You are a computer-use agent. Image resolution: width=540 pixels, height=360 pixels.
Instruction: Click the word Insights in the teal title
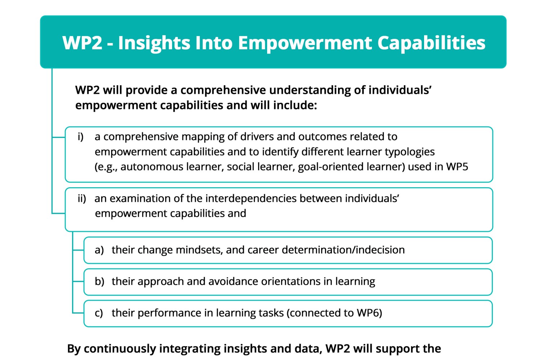(x=154, y=43)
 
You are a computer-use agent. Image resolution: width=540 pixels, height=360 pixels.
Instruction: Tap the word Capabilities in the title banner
(x=431, y=43)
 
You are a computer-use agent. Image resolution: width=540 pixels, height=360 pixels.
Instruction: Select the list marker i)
(x=81, y=137)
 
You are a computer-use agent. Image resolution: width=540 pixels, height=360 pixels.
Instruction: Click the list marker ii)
(x=82, y=199)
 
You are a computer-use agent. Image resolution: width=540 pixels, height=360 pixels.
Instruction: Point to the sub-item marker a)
(x=99, y=250)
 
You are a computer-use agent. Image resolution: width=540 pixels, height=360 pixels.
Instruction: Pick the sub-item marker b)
(x=99, y=282)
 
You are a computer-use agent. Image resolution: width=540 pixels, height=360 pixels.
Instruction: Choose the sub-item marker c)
(x=99, y=313)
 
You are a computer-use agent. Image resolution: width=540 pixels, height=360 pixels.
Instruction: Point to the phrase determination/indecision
(x=343, y=250)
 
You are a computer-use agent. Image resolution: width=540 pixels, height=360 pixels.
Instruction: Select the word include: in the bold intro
(x=295, y=105)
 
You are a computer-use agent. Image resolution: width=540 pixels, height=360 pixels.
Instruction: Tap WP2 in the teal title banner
(x=82, y=43)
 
